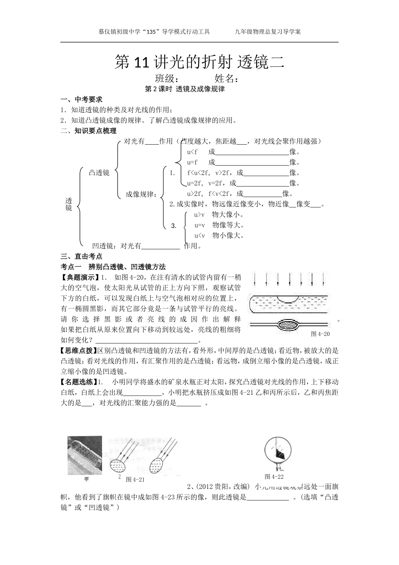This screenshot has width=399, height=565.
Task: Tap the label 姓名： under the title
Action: tap(227, 79)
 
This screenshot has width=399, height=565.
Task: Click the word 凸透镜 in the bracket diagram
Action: tap(99, 172)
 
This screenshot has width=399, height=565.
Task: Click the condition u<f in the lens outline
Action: tap(192, 152)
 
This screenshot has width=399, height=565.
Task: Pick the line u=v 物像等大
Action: tap(219, 225)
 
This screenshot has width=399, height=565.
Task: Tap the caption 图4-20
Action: tap(320, 334)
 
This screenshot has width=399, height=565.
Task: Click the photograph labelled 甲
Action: tap(84, 455)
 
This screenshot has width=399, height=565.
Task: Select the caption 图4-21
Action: tap(135, 480)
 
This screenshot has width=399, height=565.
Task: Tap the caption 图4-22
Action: tap(274, 476)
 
